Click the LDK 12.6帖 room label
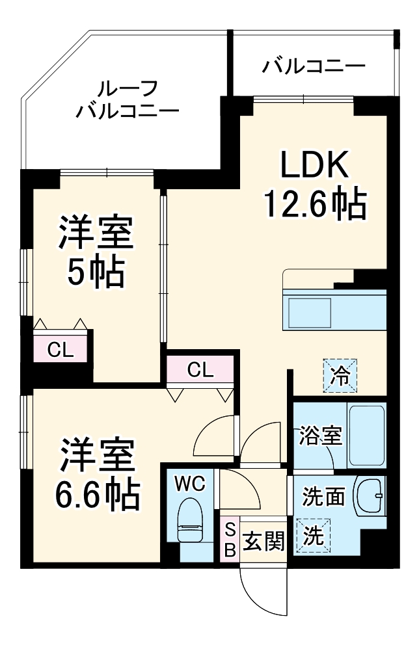coord(315,185)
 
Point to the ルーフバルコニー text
coord(127,99)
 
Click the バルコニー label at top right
coord(314,66)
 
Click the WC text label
coord(190,483)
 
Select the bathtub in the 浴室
coord(367,434)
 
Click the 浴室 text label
coord(320,436)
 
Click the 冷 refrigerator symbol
coord(341,376)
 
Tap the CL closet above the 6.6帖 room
coord(200,370)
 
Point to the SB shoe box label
coord(230,540)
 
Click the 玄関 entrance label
coord(264,540)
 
